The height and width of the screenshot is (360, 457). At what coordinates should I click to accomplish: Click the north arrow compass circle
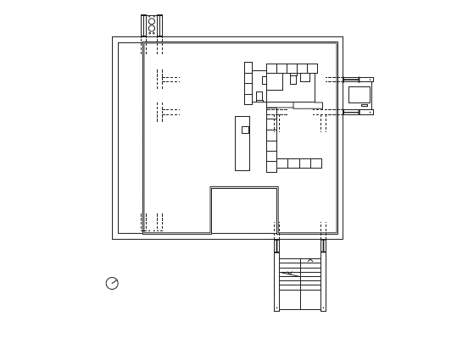click(x=112, y=284)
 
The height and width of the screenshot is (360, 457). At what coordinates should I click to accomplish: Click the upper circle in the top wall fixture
click(x=152, y=19)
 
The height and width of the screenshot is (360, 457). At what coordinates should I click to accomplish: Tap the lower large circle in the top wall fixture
click(x=152, y=29)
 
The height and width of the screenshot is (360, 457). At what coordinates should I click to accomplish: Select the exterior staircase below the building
click(x=300, y=284)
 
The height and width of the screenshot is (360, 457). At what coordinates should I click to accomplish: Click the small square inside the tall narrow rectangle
click(x=245, y=130)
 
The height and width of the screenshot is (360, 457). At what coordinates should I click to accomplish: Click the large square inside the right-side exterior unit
click(x=359, y=94)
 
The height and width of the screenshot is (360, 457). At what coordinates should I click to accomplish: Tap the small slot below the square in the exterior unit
click(x=365, y=106)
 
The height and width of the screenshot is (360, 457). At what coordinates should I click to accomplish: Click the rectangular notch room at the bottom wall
click(x=244, y=210)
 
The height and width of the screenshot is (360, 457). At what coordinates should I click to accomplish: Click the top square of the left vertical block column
click(x=248, y=67)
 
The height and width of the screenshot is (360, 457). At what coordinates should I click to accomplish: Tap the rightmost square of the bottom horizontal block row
click(x=316, y=163)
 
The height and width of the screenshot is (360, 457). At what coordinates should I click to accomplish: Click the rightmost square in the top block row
click(x=312, y=69)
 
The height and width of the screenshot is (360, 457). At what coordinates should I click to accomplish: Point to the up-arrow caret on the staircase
click(x=310, y=261)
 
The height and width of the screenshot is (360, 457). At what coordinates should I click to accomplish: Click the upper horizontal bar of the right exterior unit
click(x=358, y=80)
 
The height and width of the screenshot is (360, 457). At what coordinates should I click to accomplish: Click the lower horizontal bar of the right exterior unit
click(x=358, y=112)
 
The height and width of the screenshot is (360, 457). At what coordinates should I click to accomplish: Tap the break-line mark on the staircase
click(x=290, y=274)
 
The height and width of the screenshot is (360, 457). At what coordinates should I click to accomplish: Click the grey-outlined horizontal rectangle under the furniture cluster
click(x=307, y=105)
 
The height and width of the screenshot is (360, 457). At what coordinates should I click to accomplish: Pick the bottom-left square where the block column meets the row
click(x=271, y=165)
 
